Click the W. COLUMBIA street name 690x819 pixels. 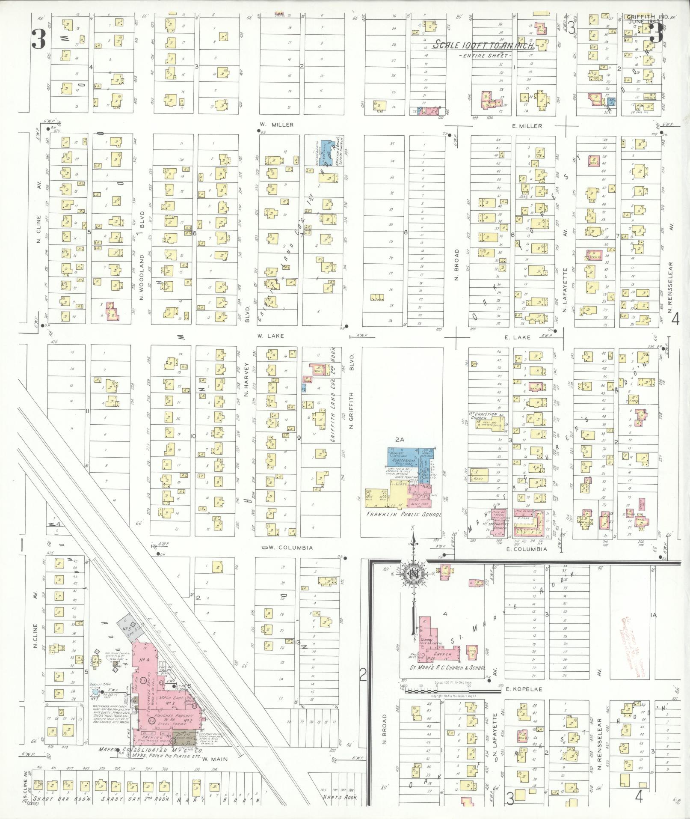tap(290, 548)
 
